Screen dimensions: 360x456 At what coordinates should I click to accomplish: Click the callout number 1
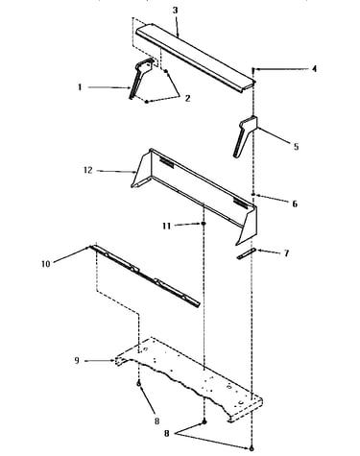point(80,86)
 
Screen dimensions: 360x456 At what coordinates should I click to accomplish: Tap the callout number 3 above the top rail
point(175,10)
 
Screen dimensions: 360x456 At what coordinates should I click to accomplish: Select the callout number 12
point(88,170)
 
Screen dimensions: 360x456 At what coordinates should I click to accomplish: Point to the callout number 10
point(46,264)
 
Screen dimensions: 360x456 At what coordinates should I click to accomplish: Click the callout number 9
point(77,361)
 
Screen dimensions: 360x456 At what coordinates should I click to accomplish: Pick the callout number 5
point(296,147)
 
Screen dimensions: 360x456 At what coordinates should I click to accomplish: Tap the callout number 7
point(286,253)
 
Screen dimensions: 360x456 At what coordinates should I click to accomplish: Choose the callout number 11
point(166,226)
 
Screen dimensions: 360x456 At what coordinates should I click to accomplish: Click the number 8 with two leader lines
point(167,434)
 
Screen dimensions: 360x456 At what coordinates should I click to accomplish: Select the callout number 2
point(187,98)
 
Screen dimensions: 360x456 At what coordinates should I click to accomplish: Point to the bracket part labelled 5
point(246,137)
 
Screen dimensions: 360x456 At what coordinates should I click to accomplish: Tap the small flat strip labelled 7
point(247,253)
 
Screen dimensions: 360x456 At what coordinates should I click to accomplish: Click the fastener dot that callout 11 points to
point(204,224)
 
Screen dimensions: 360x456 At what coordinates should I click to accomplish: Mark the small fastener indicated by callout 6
point(253,194)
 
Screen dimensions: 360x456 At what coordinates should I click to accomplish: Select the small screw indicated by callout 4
point(253,70)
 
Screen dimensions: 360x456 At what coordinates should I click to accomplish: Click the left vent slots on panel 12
point(166,162)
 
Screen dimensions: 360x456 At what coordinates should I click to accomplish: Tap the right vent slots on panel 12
point(240,202)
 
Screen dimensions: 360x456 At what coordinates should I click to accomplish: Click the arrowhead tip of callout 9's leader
point(114,361)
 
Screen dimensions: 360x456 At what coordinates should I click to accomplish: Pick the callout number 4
point(314,68)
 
